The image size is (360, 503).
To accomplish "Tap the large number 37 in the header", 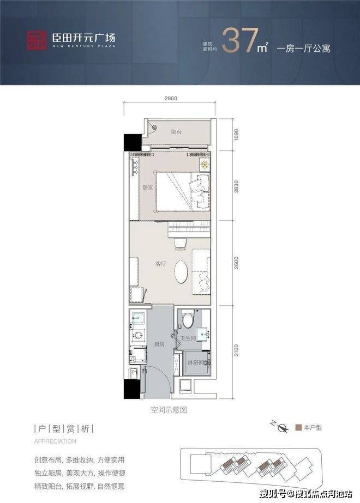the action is click(240, 40).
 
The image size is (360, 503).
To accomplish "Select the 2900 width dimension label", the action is click(171, 98).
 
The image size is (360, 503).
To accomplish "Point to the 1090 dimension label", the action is click(236, 135).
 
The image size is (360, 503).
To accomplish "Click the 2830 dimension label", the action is click(236, 186).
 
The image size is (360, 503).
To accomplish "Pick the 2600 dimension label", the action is click(236, 263).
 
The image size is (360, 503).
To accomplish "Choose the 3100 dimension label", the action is click(236, 350).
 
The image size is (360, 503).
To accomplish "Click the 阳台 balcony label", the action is click(176, 131).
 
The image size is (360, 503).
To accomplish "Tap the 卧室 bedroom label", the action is click(147, 187).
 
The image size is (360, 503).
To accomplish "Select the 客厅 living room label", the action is click(160, 264).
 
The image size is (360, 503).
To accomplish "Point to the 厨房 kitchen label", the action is click(159, 344).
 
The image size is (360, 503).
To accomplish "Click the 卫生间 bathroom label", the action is click(188, 338).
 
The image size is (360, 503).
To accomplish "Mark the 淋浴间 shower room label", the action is click(195, 362).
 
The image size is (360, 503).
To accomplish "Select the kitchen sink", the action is click(137, 318).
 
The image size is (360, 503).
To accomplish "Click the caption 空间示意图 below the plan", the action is click(169, 410).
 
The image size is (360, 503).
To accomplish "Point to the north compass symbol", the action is click(281, 427).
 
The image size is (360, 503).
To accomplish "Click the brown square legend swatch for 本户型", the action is click(298, 427).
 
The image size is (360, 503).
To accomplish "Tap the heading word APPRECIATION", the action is click(55, 441).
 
